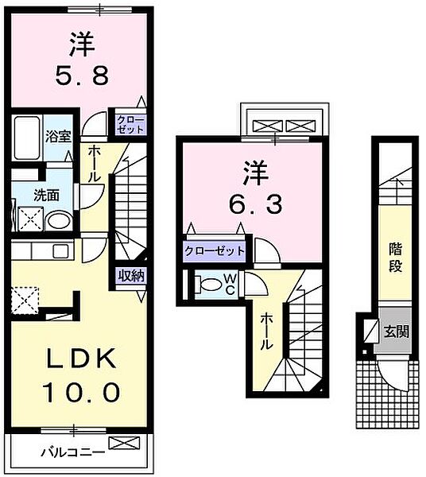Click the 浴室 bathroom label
click(x=58, y=137)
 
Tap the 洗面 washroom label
click(x=46, y=196)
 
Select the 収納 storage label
click(x=131, y=276)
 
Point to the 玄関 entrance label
click(x=396, y=332)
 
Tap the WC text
click(x=230, y=284)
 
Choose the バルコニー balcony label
click(x=73, y=452)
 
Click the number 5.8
click(x=82, y=76)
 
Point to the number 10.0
click(x=81, y=393)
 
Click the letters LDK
click(x=81, y=359)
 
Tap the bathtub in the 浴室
click(x=27, y=138)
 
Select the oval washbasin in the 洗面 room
click(x=59, y=221)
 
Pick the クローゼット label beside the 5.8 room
click(x=130, y=125)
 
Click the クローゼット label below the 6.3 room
click(x=215, y=251)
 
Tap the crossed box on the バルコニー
click(x=125, y=443)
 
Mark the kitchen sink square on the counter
click(x=61, y=251)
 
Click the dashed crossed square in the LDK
click(x=25, y=301)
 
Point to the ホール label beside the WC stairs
click(x=265, y=332)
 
